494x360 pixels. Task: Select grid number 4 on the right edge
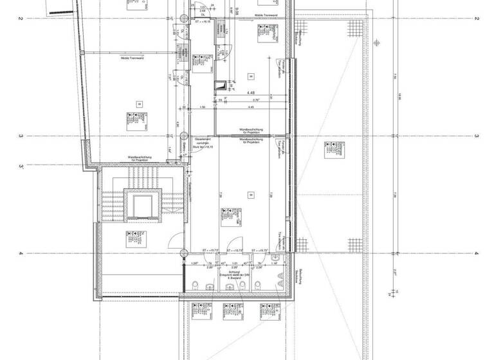pyautogui.click(x=477, y=253)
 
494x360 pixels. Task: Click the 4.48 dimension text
pyautogui.click(x=252, y=91)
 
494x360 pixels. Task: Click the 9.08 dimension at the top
pyautogui.click(x=220, y=8)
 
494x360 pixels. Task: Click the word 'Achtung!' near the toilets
pyautogui.click(x=229, y=272)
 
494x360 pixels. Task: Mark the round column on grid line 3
pyautogui.click(x=182, y=136)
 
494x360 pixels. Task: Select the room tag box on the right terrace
pyautogui.click(x=333, y=148)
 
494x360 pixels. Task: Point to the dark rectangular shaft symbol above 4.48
pyautogui.click(x=223, y=84)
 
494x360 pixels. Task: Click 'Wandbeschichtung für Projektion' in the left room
pyautogui.click(x=140, y=158)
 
